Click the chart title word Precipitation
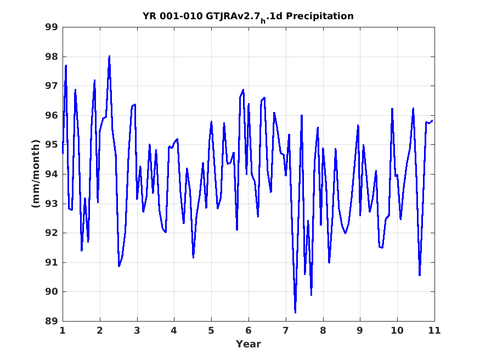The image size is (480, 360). (319, 16)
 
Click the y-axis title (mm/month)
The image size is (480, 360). (36, 173)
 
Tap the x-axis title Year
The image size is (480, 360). (249, 344)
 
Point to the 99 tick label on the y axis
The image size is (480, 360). (52, 27)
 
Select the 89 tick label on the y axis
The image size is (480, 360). (52, 321)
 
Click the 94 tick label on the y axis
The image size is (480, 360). (52, 174)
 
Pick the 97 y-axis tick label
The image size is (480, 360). (52, 86)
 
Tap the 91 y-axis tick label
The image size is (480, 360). (52, 262)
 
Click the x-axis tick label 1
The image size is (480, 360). (63, 330)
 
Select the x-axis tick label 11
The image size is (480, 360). (434, 330)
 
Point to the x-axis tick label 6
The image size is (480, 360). (249, 330)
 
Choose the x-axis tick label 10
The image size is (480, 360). (397, 330)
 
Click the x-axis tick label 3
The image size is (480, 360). (137, 330)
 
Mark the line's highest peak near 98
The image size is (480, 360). (109, 57)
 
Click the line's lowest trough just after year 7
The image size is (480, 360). (296, 312)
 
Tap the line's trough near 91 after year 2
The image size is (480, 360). (119, 266)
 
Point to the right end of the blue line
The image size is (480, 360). (432, 121)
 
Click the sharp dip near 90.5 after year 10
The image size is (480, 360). (420, 275)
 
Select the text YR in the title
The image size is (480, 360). (150, 16)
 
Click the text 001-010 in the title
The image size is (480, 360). (181, 16)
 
